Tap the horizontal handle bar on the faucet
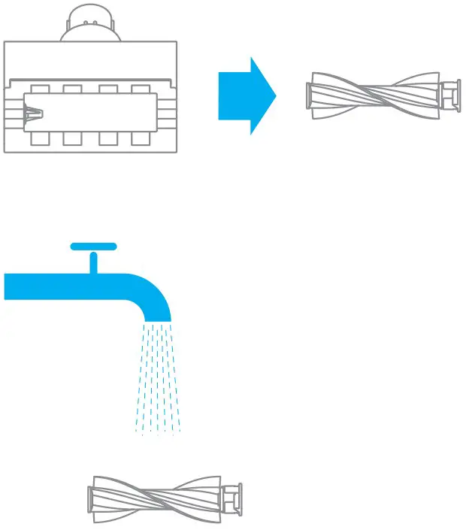pyautogui.click(x=93, y=246)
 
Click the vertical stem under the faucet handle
pyautogui.click(x=93, y=262)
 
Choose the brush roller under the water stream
pyautogui.click(x=165, y=498)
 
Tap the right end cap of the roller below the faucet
pyautogui.click(x=235, y=498)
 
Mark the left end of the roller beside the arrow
pyautogui.click(x=314, y=95)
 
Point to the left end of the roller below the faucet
pyautogui.click(x=93, y=498)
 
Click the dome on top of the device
pyautogui.click(x=90, y=26)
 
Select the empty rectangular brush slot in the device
pyautogui.click(x=94, y=113)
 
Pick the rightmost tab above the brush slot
pyautogui.click(x=141, y=89)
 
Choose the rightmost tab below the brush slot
pyautogui.click(x=141, y=138)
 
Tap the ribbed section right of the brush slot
pyautogui.click(x=166, y=114)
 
